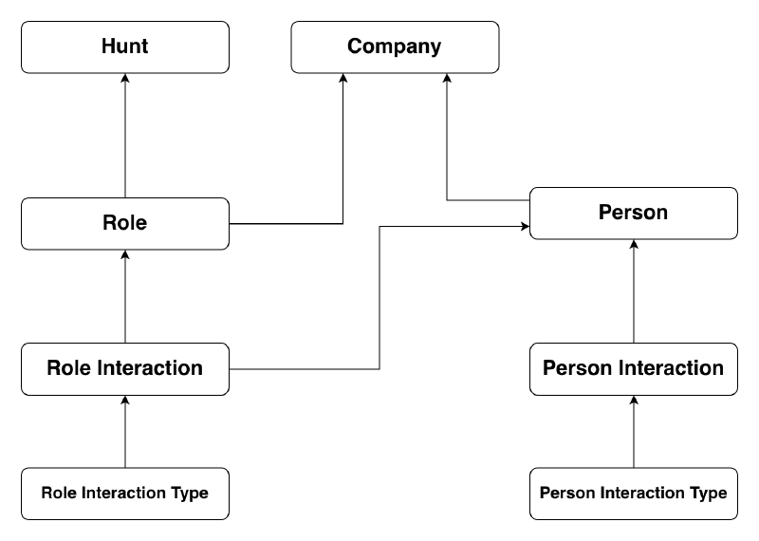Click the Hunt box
125,47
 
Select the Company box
394,47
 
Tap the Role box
125,223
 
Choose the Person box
633,213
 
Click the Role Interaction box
125,368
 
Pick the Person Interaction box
633,368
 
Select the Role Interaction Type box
125,493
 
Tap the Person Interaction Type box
633,493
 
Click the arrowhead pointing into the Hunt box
125,79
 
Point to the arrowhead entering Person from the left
524,226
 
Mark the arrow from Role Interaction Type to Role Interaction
125,431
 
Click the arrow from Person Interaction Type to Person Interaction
633,431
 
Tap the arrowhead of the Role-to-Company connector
342,79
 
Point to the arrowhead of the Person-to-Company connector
447,79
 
